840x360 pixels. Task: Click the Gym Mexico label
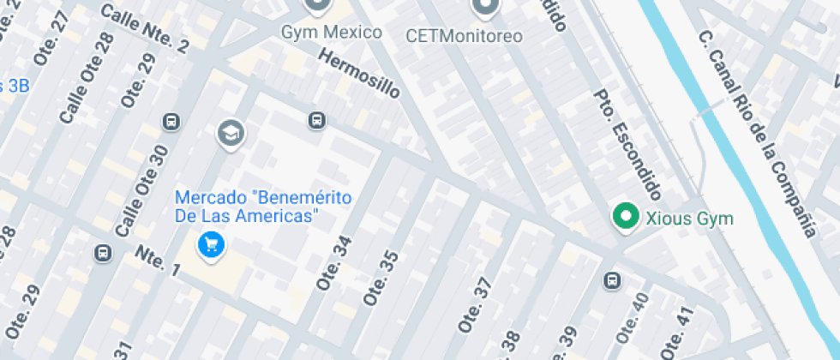[332, 33]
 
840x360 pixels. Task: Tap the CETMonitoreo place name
[464, 36]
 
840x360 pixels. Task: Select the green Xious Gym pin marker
[626, 216]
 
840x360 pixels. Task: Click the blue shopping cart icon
[211, 246]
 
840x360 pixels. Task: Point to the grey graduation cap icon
[231, 133]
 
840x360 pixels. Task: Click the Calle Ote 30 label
[141, 189]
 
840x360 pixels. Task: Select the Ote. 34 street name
[335, 262]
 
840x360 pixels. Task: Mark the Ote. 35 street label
[381, 278]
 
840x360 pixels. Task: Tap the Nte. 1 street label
[158, 261]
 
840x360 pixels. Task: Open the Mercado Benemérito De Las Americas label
[263, 207]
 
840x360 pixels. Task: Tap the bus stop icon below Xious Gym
[612, 280]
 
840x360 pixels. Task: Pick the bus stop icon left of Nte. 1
[102, 253]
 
